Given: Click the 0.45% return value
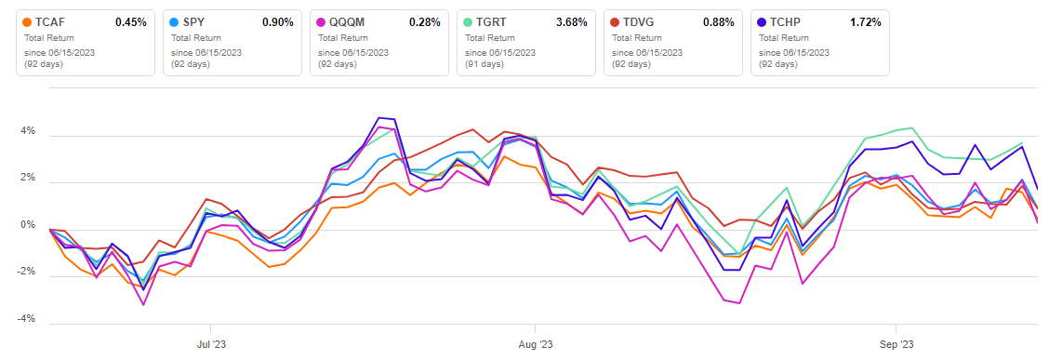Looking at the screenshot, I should click(x=130, y=21).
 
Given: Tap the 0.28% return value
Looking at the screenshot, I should click(x=423, y=21).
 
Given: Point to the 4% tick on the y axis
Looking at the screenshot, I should click(x=28, y=131).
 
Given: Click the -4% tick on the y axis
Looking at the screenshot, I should click(x=26, y=319).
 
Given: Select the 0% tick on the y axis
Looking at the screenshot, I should click(x=28, y=225).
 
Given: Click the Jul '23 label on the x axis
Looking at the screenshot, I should click(x=211, y=341).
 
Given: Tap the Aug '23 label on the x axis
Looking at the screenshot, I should click(x=535, y=341).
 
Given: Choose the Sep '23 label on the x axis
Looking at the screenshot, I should click(x=895, y=341).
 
